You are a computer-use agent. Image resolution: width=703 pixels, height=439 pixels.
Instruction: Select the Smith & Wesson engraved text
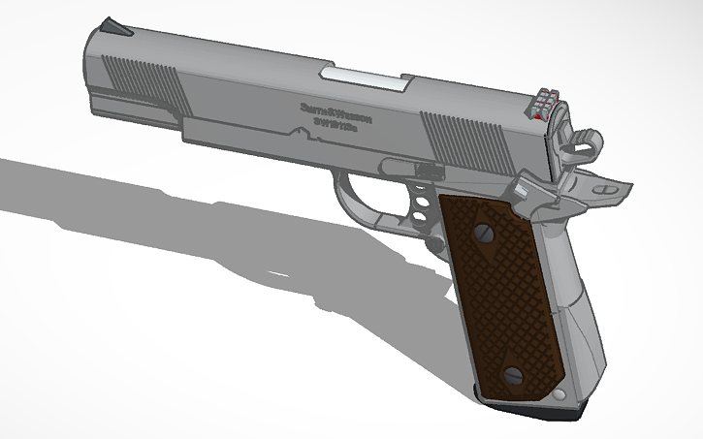pos(336,110)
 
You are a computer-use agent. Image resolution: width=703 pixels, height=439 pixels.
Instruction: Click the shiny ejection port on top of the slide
pos(365,77)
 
